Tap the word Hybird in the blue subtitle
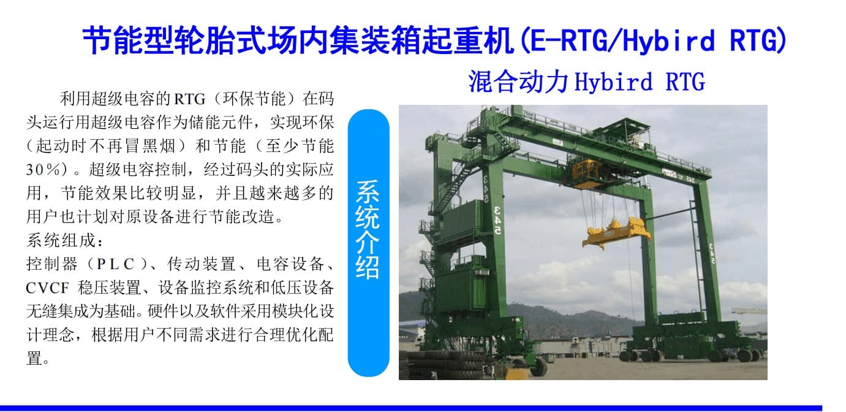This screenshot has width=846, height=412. pos(613,82)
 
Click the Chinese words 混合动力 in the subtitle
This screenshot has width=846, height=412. pos(518,82)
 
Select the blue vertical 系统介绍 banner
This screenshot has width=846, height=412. pos(368,243)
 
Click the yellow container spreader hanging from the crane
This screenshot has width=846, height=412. pos(616,232)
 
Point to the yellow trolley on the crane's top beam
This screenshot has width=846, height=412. pos(586,173)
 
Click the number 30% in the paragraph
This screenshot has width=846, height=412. pos(43,169)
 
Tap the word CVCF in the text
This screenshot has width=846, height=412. pos(48,288)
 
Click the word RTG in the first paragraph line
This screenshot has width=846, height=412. pos(189,99)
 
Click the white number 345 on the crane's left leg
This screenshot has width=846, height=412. pos(498,220)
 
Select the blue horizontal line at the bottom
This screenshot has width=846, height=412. pos(411,408)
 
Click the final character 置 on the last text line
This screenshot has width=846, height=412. pos(34,358)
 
